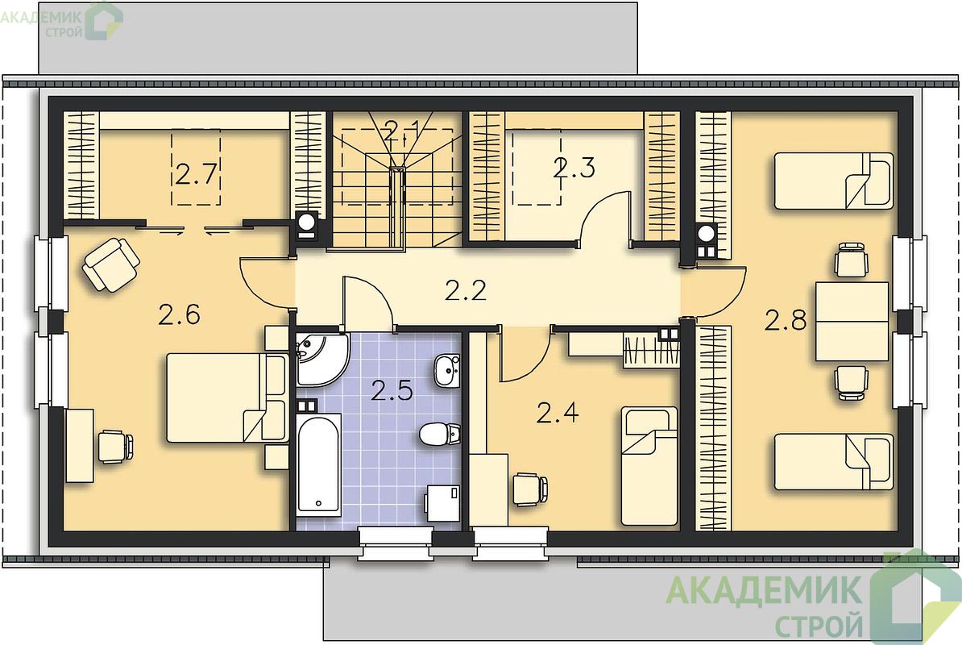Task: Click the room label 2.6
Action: [179, 314]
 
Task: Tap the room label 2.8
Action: [786, 320]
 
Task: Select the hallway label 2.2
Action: [466, 290]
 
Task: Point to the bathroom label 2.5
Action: [392, 390]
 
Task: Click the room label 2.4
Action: [558, 413]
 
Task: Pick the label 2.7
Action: [197, 173]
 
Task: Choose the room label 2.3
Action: [574, 168]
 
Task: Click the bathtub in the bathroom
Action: [318, 464]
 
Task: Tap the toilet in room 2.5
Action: [440, 433]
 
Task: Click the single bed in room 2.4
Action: [649, 466]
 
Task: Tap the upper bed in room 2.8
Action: [833, 181]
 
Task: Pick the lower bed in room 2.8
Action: [833, 462]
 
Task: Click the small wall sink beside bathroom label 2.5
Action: [447, 370]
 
